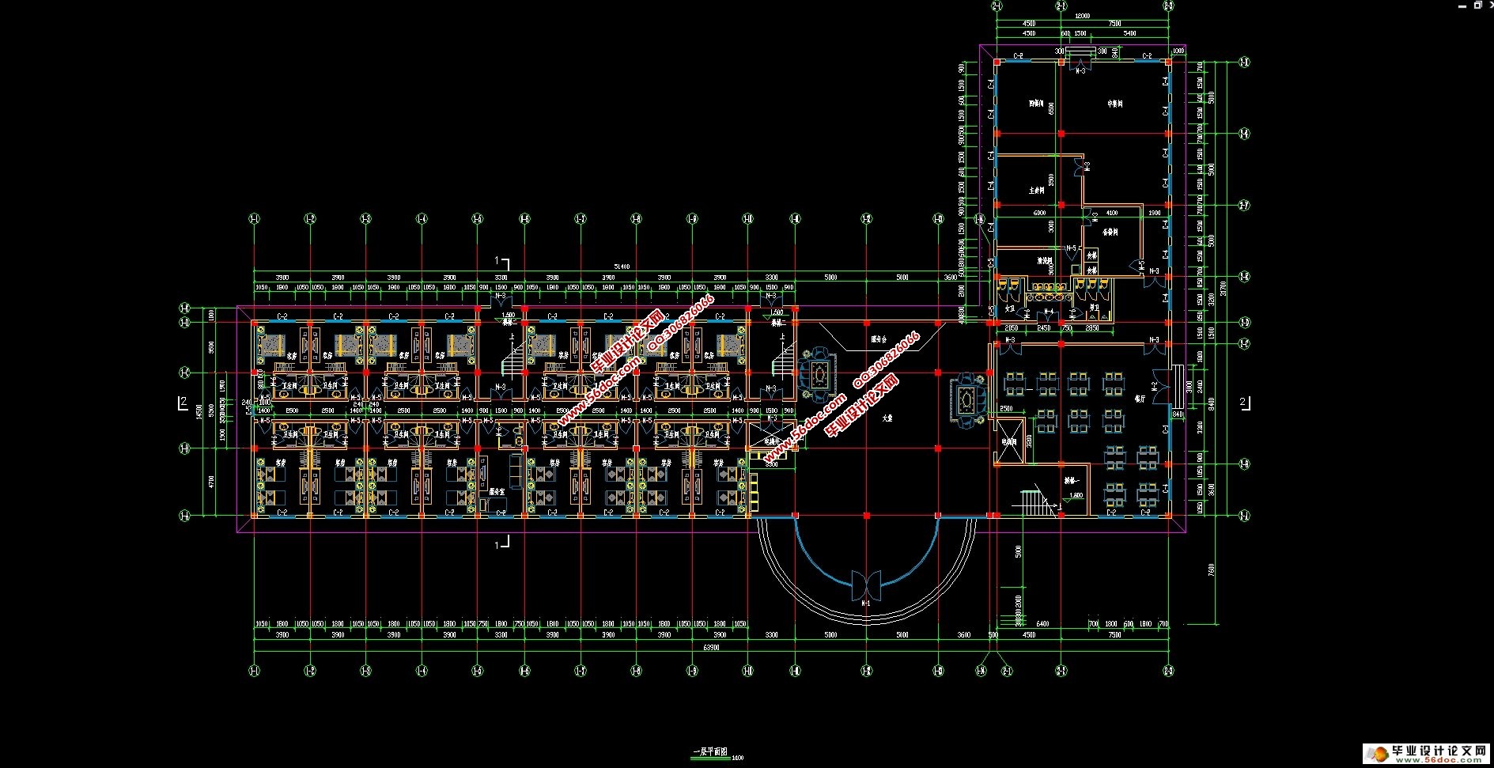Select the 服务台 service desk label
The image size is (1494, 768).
click(x=879, y=339)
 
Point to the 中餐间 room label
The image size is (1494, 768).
click(x=1115, y=104)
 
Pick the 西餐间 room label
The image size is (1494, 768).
click(x=1036, y=104)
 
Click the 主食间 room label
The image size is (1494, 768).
click(x=1037, y=190)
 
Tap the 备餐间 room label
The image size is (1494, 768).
click(x=1110, y=233)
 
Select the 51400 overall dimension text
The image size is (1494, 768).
click(x=622, y=267)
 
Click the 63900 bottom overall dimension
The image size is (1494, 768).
click(x=712, y=648)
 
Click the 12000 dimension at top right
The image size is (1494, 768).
click(x=1082, y=16)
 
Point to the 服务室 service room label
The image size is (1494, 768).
click(x=497, y=491)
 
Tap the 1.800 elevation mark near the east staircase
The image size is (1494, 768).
click(x=1076, y=496)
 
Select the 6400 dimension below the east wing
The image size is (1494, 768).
click(x=1042, y=624)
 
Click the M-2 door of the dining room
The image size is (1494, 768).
click(x=1155, y=386)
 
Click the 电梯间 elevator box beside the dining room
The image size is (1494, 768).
click(x=1009, y=443)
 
